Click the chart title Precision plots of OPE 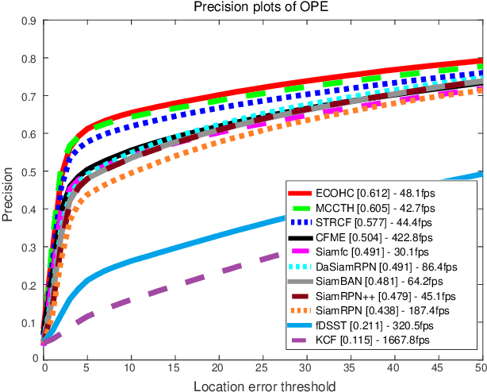262,8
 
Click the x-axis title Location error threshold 262,385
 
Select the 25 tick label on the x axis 262,368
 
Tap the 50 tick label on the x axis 478,368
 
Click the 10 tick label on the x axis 131,368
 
